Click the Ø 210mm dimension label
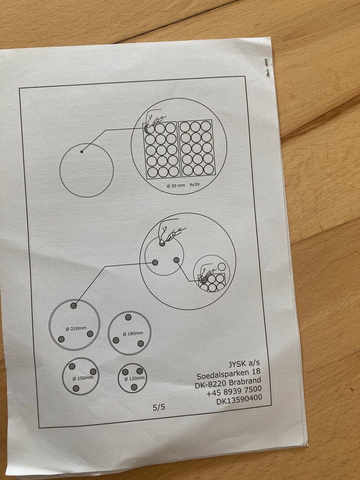coord(76,328)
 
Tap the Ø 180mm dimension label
coord(133,333)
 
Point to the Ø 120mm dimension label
coord(134,378)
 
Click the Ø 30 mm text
coord(176,186)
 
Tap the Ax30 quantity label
coord(194,184)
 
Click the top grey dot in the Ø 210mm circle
coord(73,306)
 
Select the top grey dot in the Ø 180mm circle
coord(128,317)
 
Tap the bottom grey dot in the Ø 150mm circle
coord(76,388)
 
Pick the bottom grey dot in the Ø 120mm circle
coord(134,387)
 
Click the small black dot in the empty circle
coord(82,151)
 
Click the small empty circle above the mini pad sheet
coord(221,267)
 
